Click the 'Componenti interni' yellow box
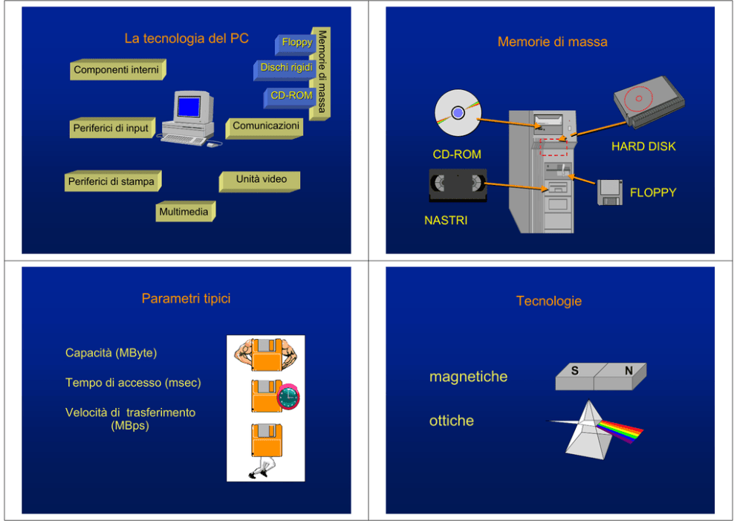tap(116, 71)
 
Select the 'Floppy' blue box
tap(296, 43)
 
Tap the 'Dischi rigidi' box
tap(286, 68)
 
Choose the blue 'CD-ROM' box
tap(290, 96)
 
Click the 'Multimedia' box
tap(184, 213)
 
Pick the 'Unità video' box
tap(261, 180)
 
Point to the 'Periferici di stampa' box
tap(111, 181)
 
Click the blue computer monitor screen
tap(189, 106)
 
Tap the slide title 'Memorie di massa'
tap(552, 42)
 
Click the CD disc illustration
tap(457, 113)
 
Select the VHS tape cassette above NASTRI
tap(458, 184)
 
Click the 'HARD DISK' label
tap(643, 146)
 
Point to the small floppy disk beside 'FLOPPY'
tap(610, 192)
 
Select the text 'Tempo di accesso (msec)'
tap(133, 383)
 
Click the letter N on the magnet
tap(629, 371)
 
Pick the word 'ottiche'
tap(451, 421)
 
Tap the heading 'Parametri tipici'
tap(186, 299)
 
